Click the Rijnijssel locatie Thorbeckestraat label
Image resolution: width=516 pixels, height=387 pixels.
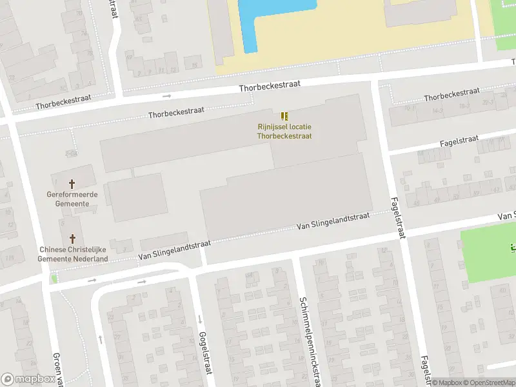pos(284,132)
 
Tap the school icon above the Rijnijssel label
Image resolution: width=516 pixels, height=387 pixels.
pos(284,117)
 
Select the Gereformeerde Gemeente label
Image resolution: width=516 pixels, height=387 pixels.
pos(72,199)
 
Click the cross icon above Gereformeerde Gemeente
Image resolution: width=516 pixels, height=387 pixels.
pos(72,184)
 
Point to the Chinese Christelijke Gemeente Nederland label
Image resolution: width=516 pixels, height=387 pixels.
pos(74,254)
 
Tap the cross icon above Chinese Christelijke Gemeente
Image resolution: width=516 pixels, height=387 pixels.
pos(72,239)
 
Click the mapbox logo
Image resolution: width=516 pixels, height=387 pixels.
pos(27,379)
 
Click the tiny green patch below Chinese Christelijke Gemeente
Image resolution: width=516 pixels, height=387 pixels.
pos(54,279)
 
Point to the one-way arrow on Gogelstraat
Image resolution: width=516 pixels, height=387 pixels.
pos(200,319)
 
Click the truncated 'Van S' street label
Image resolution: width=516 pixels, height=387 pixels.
pos(506,215)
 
